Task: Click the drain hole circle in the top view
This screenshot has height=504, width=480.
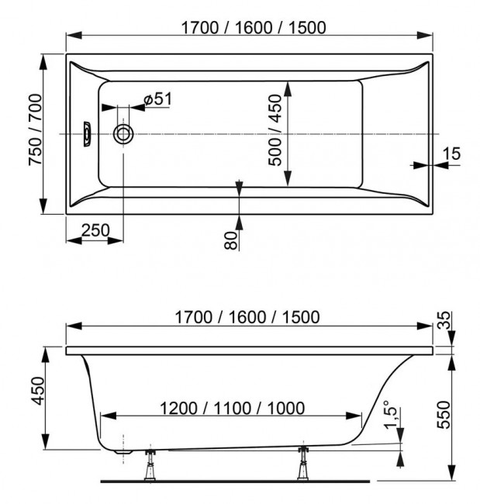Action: tap(123, 133)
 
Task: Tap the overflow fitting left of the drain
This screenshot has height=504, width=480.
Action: tap(87, 133)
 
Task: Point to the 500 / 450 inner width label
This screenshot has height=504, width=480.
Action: tap(273, 133)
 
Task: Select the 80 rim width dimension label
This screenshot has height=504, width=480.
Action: tap(230, 240)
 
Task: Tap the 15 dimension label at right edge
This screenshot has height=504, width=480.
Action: tap(452, 154)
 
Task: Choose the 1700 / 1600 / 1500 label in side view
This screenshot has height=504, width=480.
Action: tap(248, 318)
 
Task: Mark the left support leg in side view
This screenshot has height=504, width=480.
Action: tap(147, 465)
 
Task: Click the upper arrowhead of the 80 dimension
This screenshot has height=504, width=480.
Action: tap(240, 187)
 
